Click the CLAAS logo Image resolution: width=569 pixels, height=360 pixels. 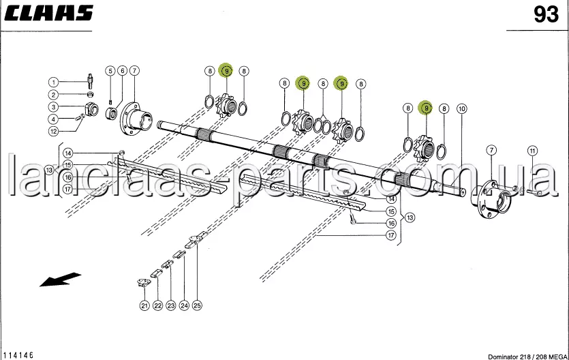[48, 13]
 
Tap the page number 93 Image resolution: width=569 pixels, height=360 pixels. [546, 15]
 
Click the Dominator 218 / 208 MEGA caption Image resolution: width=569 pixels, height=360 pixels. [527, 357]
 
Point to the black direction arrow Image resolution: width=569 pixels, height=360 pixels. [60, 280]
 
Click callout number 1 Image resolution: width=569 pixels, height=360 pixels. [53, 82]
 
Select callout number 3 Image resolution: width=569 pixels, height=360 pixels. [53, 106]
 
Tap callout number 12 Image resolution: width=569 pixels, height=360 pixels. [53, 131]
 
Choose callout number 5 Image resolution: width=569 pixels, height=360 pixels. [110, 71]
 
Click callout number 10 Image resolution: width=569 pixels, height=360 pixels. [461, 108]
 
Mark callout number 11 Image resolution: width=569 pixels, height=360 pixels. [532, 151]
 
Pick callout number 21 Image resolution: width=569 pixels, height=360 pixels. [144, 305]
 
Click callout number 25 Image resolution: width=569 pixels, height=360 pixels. [197, 305]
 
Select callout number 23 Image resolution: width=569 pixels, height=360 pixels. [171, 305]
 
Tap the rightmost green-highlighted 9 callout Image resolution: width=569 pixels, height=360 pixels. [427, 108]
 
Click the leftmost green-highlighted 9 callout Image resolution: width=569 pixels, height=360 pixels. [226, 71]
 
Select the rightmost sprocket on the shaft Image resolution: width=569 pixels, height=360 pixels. [425, 149]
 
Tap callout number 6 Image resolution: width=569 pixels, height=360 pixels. [122, 71]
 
